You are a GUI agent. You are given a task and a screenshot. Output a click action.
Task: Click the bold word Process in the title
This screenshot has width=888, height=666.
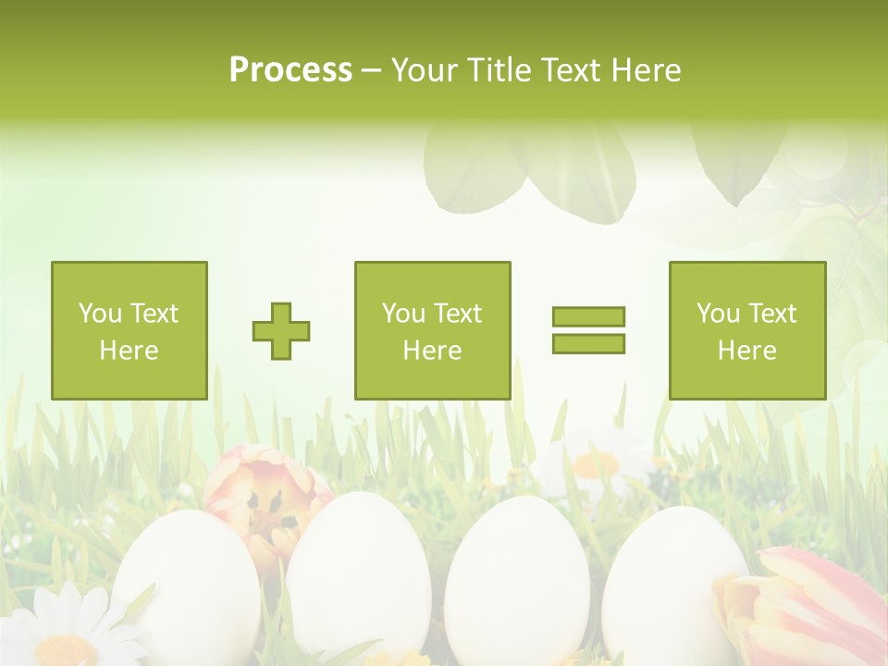(290, 70)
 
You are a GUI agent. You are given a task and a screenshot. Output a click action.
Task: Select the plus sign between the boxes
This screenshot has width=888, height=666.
(281, 331)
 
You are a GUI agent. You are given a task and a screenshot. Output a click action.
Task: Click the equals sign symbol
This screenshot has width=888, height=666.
(588, 330)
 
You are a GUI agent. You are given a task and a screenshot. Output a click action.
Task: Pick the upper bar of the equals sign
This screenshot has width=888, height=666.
(588, 317)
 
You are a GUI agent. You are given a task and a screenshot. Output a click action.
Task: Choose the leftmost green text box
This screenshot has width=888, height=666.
(129, 330)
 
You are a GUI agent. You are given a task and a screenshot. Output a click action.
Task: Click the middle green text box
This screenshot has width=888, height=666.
(432, 330)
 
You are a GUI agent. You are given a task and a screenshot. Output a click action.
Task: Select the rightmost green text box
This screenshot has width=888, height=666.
(746, 330)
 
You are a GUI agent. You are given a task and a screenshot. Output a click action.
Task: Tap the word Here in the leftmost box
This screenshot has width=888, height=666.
(129, 351)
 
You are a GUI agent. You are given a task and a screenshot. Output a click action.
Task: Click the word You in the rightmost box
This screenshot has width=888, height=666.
(718, 314)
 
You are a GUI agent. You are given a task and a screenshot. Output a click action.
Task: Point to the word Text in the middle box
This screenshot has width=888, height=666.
(459, 314)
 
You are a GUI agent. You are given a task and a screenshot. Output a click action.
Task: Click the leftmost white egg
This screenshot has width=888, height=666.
(185, 583)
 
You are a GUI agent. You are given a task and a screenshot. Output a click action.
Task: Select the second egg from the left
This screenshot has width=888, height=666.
(357, 573)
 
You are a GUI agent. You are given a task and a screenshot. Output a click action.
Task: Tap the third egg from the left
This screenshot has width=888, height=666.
(516, 578)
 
